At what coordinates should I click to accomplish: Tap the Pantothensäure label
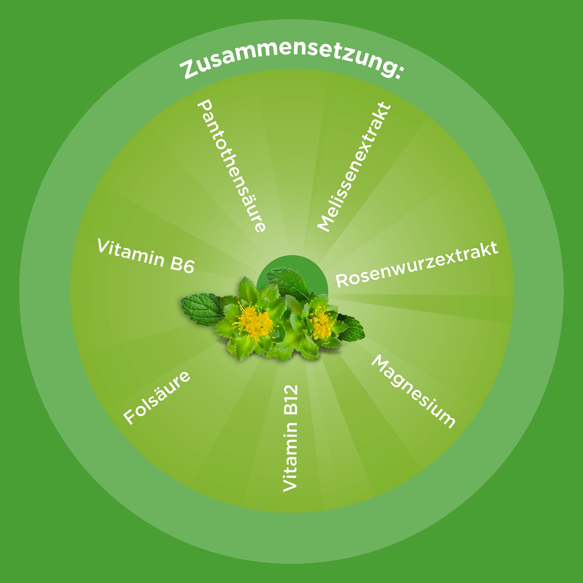[x=232, y=166]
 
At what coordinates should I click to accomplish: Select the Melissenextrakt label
[x=354, y=167]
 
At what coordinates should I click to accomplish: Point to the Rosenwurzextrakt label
[x=417, y=264]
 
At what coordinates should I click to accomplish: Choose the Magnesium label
[x=413, y=391]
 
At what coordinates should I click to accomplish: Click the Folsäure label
[x=157, y=397]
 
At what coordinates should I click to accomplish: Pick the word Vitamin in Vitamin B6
[x=131, y=253]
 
